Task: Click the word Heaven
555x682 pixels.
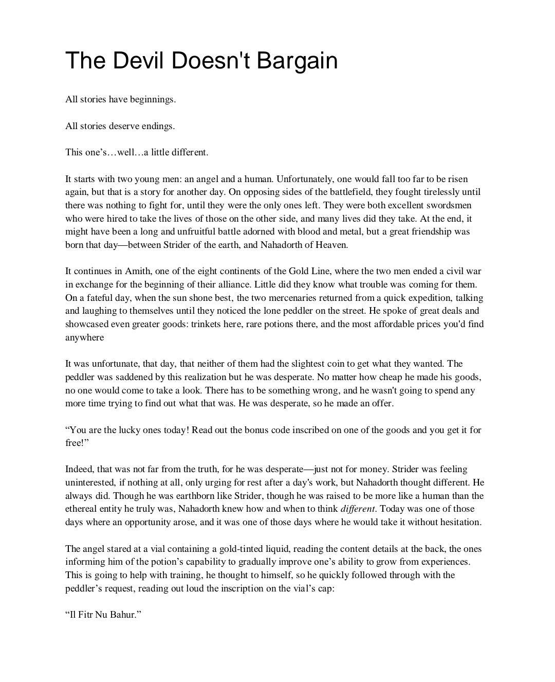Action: click(332, 245)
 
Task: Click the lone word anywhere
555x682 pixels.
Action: click(84, 337)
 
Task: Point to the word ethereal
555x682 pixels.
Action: click(82, 509)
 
